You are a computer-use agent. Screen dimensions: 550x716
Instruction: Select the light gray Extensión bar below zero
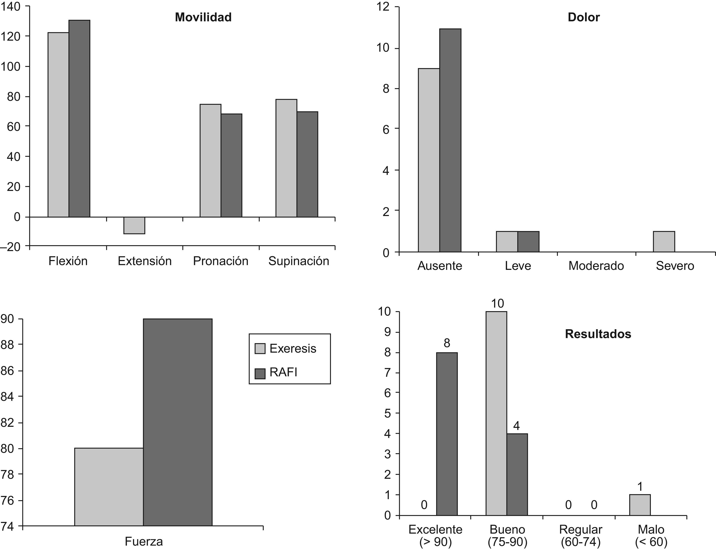134,225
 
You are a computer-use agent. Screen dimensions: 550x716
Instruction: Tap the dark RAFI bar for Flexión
79,119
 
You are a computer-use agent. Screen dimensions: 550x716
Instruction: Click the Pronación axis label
220,261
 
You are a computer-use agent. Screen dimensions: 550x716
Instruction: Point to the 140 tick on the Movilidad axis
11,6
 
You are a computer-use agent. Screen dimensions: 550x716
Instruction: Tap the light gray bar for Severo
664,242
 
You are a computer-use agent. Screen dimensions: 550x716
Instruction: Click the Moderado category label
596,265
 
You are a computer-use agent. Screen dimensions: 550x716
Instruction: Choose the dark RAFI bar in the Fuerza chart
178,422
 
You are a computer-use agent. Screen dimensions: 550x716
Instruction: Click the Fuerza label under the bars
144,541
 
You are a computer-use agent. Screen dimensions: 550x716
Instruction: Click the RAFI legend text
284,373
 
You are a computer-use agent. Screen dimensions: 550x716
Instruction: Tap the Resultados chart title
598,334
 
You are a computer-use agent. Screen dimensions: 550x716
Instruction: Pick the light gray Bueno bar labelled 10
496,413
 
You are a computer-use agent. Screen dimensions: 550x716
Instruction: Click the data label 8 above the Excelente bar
447,343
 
